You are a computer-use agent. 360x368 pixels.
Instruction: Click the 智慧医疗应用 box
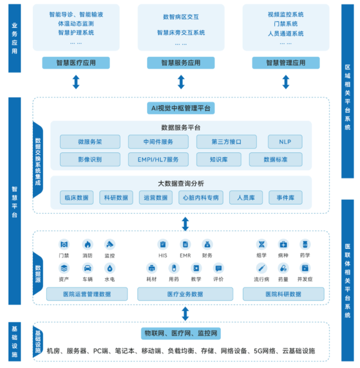[76, 63]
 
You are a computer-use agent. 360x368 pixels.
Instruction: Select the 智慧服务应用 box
[181, 63]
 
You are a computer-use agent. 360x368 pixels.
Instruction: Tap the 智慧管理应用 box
[286, 63]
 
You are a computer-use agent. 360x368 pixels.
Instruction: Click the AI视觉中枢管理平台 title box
[181, 108]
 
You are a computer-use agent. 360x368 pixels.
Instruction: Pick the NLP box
[285, 142]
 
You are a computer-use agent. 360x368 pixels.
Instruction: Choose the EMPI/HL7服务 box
[158, 159]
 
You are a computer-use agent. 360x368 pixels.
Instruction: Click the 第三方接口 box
[226, 142]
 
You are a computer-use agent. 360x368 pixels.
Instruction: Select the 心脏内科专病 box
[201, 198]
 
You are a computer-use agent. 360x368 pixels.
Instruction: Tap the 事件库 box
[285, 198]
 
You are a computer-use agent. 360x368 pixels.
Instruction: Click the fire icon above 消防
[88, 245]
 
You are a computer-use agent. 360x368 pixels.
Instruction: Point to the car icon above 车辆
[88, 268]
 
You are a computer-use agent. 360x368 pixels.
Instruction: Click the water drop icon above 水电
[110, 268]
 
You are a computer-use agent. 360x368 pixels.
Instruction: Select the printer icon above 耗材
[151, 268]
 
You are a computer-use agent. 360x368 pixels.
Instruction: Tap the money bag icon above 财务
[207, 245]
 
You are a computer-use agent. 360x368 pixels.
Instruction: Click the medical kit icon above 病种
[283, 245]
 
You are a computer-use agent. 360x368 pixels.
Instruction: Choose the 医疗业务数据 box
[185, 294]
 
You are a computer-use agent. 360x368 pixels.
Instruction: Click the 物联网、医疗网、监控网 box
[181, 333]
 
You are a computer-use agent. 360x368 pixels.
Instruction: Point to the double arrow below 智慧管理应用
[286, 82]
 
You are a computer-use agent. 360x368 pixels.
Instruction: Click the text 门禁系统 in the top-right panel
[286, 24]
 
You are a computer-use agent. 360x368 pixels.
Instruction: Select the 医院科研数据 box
[284, 294]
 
